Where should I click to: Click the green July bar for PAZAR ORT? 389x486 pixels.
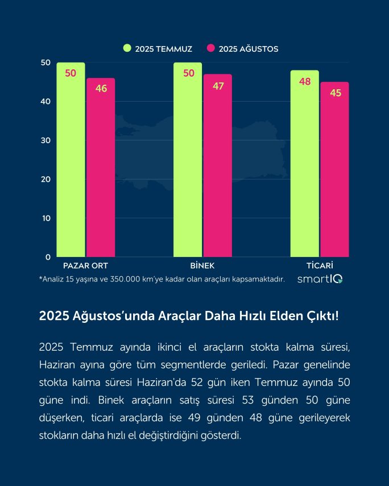coord(71,165)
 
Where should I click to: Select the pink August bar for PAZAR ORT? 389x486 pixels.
coord(101,171)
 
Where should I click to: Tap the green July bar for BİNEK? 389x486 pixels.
coord(188,165)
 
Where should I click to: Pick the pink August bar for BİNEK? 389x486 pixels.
coord(218,168)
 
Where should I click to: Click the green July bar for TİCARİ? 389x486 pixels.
coord(304,168)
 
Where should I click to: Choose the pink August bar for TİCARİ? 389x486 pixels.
coord(334,171)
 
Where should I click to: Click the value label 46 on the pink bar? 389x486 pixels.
coord(101,89)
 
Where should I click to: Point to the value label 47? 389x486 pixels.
coord(218,86)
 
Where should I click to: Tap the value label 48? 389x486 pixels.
coord(305,81)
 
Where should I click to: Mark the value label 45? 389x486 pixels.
coord(336,93)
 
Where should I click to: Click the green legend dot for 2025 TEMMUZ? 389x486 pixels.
coord(127,48)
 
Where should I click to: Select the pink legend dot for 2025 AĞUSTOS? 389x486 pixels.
coord(210,48)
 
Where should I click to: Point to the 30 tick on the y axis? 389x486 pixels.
coord(45,140)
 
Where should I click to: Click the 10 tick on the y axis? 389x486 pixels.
coord(45,218)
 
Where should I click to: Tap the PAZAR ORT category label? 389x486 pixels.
coord(85,265)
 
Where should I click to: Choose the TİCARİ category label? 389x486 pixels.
coord(320,265)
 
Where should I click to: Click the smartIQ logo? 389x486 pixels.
coord(320,279)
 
